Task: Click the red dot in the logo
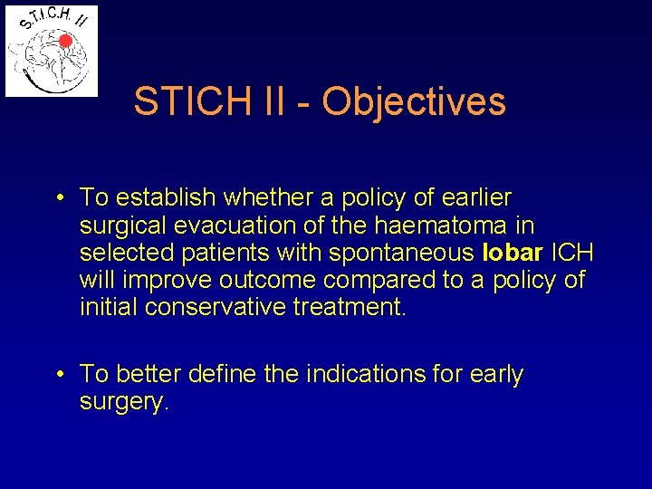tap(65, 41)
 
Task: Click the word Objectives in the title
tap(414, 101)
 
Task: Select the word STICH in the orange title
tap(186, 101)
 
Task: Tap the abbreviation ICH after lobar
tap(573, 252)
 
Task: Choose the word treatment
tap(350, 307)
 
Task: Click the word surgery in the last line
tap(122, 402)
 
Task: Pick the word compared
tap(384, 279)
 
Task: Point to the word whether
tap(273, 197)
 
